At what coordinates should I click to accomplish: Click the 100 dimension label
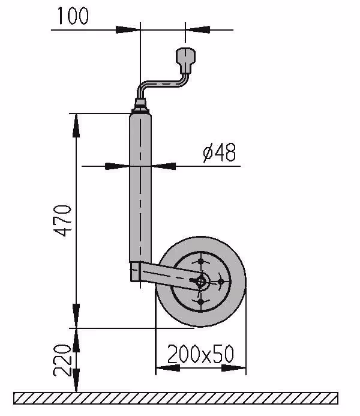pyautogui.click(x=73, y=16)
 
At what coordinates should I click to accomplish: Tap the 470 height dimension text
pyautogui.click(x=62, y=220)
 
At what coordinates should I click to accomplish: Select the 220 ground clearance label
pyautogui.click(x=62, y=360)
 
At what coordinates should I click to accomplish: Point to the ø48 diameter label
pyautogui.click(x=220, y=152)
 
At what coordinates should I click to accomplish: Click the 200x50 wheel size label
pyautogui.click(x=201, y=354)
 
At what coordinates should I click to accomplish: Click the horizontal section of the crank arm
pyautogui.click(x=162, y=84)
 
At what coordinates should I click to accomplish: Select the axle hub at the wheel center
pyautogui.click(x=202, y=280)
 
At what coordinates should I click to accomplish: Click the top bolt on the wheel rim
pyautogui.click(x=201, y=262)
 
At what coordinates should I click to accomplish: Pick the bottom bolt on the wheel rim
pyautogui.click(x=201, y=301)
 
